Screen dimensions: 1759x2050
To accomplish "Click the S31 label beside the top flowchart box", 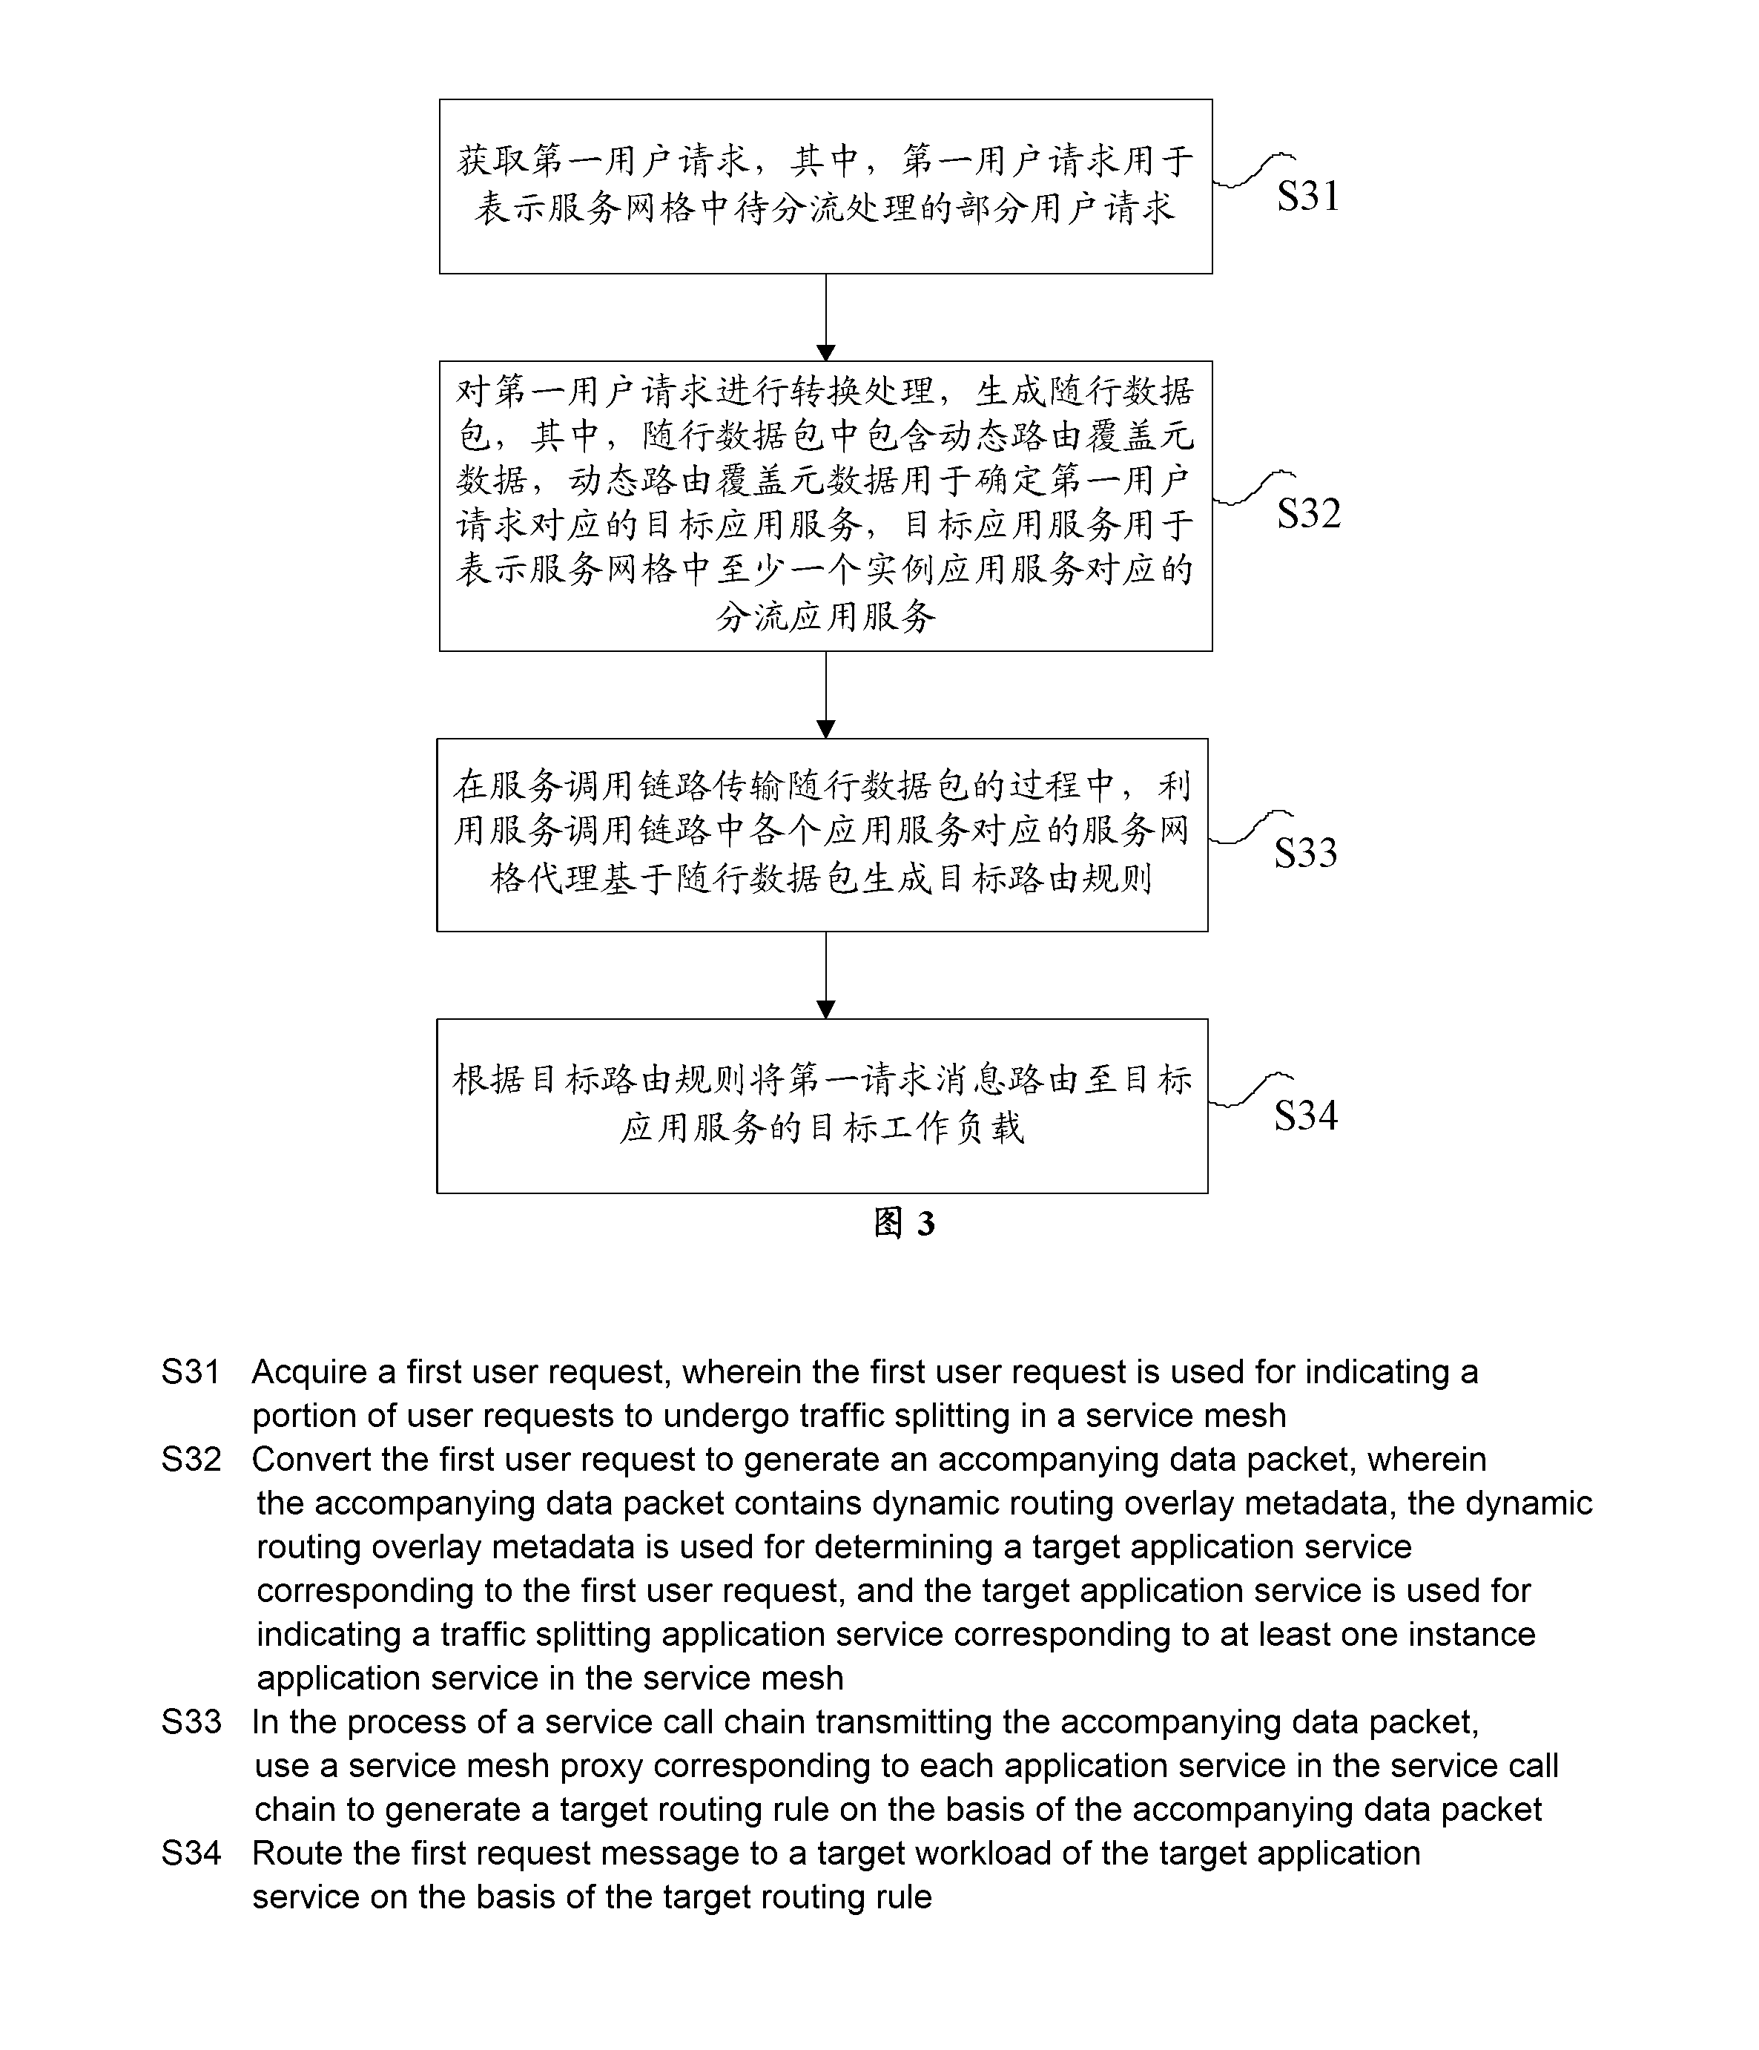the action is [x=1308, y=196].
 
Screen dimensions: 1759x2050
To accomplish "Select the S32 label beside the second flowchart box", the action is [x=1308, y=513].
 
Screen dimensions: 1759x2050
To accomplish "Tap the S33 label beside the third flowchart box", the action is [x=1305, y=853].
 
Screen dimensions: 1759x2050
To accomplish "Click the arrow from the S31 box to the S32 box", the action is [x=826, y=317].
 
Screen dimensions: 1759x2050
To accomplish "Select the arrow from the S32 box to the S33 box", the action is [x=826, y=694].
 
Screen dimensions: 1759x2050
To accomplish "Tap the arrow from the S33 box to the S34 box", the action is [x=826, y=975].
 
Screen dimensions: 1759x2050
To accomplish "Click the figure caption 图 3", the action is [x=903, y=1224].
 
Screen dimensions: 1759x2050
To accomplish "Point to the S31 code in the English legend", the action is [x=190, y=1372].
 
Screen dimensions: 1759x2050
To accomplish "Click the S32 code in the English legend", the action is [x=191, y=1460].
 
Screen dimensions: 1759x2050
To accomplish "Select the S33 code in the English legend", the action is [x=191, y=1721].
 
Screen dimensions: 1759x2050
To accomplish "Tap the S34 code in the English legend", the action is [x=191, y=1853].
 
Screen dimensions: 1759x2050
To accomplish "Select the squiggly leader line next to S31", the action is [x=1253, y=169].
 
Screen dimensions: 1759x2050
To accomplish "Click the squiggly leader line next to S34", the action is [x=1250, y=1090].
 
